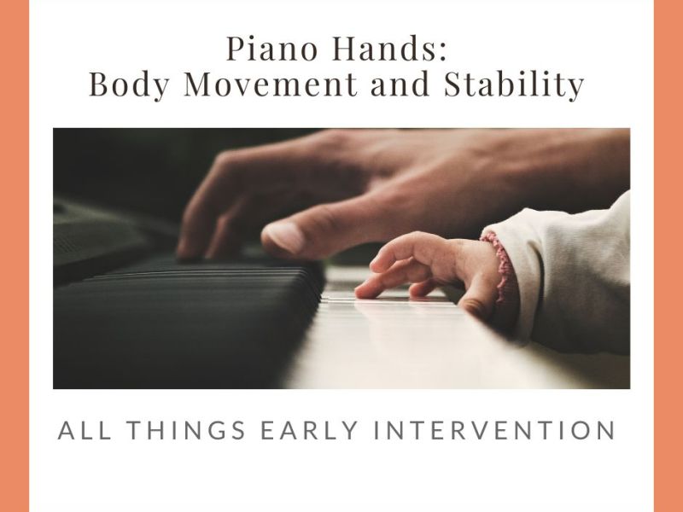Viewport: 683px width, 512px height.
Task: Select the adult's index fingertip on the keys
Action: click(x=188, y=247)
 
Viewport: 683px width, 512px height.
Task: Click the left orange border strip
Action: click(x=15, y=256)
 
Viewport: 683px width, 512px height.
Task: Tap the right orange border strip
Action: click(x=668, y=256)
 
